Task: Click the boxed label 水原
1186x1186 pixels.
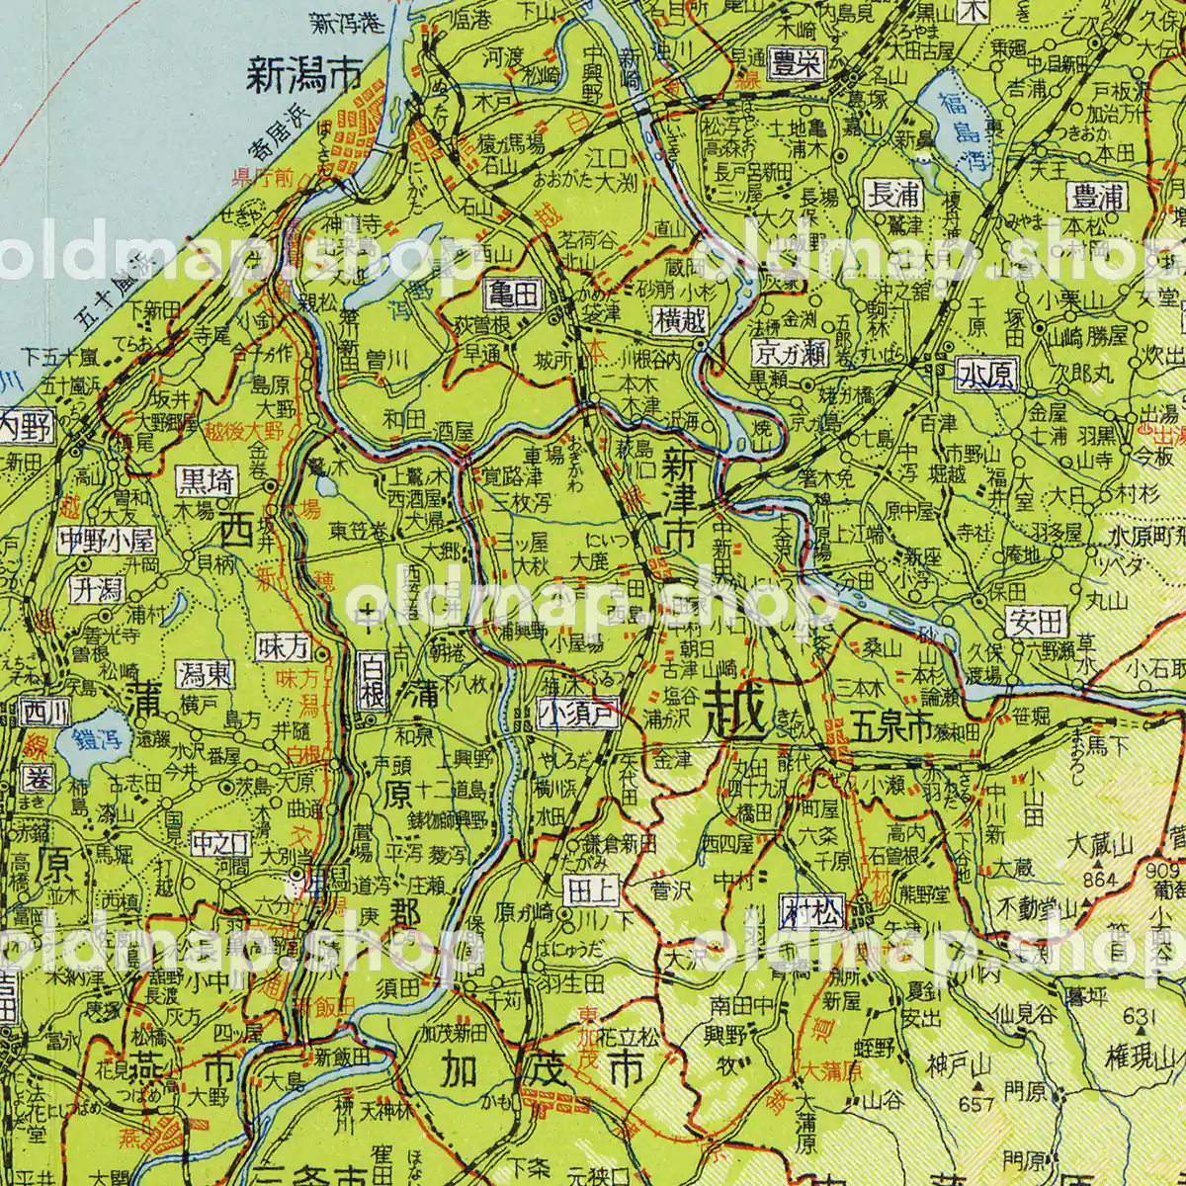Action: coord(986,375)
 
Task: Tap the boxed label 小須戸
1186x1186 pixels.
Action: coord(578,714)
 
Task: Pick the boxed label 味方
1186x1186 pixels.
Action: coord(283,647)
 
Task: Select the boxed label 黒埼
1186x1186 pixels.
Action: coord(207,481)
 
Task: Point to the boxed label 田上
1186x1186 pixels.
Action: coord(590,889)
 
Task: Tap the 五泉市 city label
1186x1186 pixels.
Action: coord(889,732)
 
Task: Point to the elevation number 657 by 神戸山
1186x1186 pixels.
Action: coord(974,1103)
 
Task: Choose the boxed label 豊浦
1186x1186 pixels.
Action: coord(1099,196)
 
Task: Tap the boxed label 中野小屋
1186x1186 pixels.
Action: coord(106,540)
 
